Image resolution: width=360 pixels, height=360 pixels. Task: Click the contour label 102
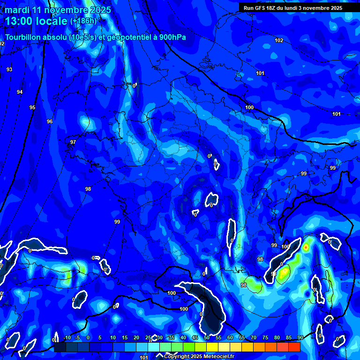tap(279, 41)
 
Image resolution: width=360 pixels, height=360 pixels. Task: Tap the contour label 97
tap(73, 142)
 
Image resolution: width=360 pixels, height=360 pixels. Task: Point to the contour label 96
tap(50, 121)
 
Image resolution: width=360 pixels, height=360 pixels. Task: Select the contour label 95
tap(32, 108)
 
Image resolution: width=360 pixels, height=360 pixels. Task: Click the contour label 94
tap(20, 92)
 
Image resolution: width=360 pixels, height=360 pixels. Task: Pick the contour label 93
tap(9, 69)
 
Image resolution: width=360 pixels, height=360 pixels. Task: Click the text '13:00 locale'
tap(36, 21)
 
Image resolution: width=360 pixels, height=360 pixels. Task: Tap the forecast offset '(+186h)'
tap(83, 21)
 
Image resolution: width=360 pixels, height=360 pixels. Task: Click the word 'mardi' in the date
tap(17, 10)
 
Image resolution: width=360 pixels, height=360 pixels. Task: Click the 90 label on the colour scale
tap(300, 337)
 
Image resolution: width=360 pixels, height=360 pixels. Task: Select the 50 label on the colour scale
tap(207, 337)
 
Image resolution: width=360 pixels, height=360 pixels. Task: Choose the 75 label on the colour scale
tap(265, 337)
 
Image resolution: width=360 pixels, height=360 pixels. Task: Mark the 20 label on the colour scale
tap(136, 337)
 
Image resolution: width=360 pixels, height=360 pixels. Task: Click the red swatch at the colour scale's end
tap(294, 347)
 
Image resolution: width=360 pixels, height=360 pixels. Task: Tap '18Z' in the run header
tap(275, 8)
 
